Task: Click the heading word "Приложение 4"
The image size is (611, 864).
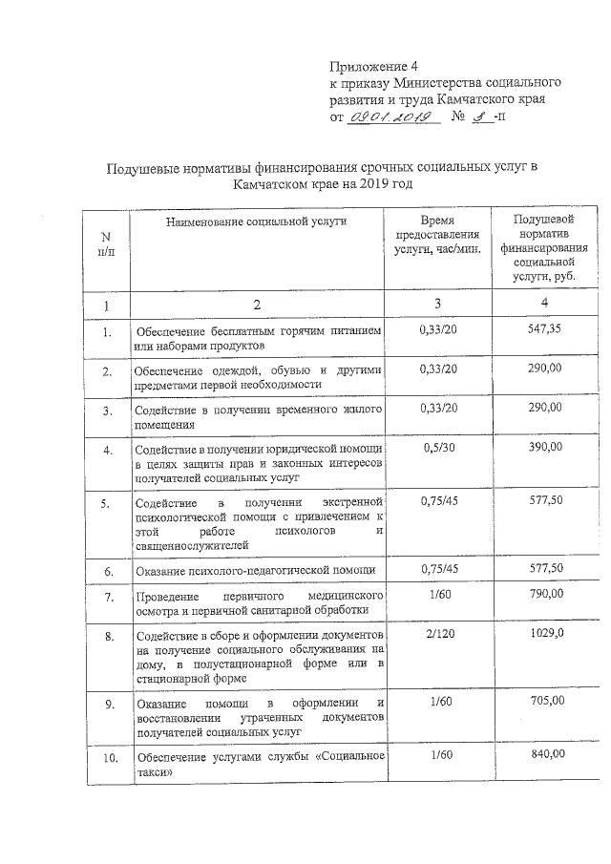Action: (374, 67)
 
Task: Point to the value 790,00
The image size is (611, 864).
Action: (546, 594)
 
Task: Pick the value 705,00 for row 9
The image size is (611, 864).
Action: (546, 700)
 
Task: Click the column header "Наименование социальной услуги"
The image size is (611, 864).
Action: (255, 221)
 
